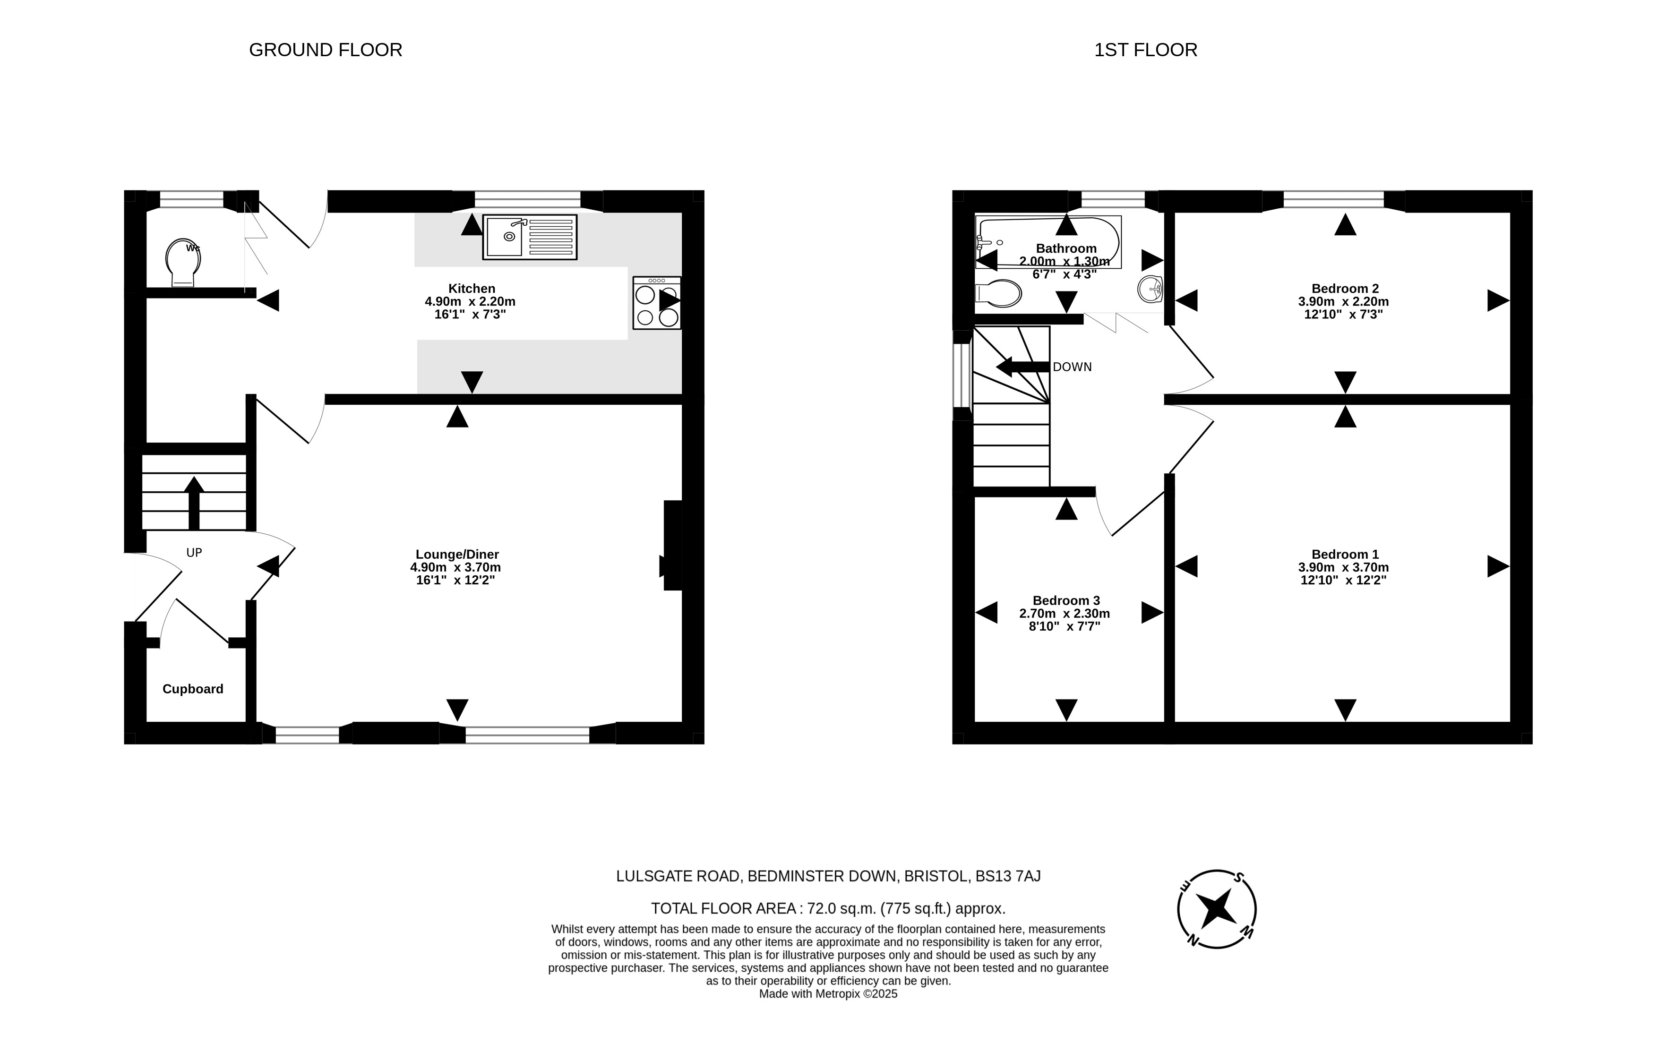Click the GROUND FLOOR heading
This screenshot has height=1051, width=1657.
click(326, 50)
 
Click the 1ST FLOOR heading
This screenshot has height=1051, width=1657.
click(1146, 50)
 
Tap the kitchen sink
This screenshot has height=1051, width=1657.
click(530, 237)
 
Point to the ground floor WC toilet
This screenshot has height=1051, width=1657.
click(183, 262)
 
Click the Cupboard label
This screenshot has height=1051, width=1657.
click(193, 689)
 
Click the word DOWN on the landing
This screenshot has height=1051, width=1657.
click(1072, 367)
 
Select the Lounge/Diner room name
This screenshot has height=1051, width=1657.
click(457, 555)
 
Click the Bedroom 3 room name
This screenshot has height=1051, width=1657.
click(1066, 600)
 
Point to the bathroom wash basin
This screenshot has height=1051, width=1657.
click(1150, 289)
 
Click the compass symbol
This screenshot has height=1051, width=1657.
click(1217, 909)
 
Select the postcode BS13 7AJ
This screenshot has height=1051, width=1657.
click(1008, 876)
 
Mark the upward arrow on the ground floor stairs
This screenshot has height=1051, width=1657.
click(194, 503)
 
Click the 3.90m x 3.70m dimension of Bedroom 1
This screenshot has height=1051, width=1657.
click(1343, 567)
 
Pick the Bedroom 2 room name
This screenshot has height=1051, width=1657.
click(1345, 289)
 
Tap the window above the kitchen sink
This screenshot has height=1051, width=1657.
click(528, 200)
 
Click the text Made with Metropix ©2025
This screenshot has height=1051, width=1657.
click(829, 994)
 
